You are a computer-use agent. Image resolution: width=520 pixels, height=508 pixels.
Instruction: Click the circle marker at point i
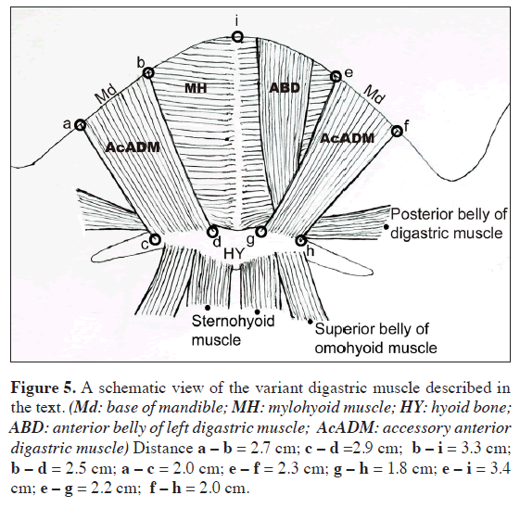click(x=238, y=37)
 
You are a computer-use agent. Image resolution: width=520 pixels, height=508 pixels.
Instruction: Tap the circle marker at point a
click(x=80, y=125)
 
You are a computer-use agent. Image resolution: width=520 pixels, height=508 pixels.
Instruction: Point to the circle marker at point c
click(x=155, y=239)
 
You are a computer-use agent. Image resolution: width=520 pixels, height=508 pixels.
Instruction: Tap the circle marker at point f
click(x=397, y=132)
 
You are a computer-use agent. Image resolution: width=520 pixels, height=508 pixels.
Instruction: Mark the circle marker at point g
click(x=260, y=232)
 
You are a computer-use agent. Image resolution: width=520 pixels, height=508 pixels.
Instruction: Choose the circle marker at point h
click(x=300, y=241)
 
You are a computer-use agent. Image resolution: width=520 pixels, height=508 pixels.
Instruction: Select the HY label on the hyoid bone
click(x=235, y=253)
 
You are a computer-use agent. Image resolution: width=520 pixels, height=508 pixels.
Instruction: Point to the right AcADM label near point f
click(x=349, y=137)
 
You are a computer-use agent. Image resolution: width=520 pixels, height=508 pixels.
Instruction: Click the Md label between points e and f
click(x=374, y=95)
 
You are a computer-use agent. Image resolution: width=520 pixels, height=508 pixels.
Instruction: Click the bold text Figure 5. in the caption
click(x=43, y=385)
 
